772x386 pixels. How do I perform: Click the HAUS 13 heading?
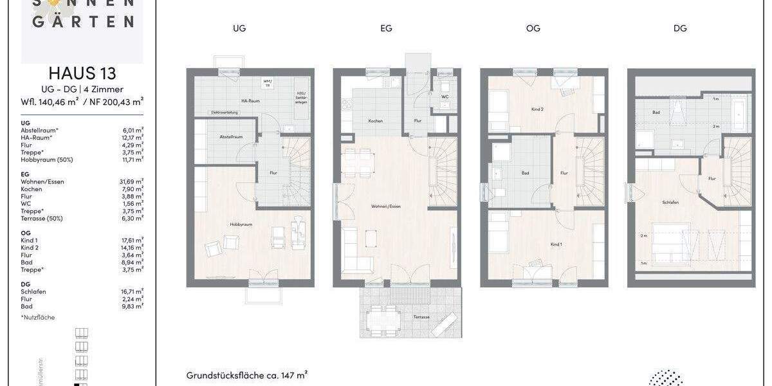click(82, 73)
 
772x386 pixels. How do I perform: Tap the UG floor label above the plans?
click(239, 28)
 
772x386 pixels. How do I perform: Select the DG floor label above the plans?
click(680, 28)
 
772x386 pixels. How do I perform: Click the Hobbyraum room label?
click(240, 225)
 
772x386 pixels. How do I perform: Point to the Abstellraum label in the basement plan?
click(230, 136)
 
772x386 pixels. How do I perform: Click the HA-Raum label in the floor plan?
click(232, 101)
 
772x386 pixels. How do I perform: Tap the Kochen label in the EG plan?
click(376, 121)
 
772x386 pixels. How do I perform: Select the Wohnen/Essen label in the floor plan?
click(386, 207)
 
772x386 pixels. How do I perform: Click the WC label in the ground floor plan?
click(445, 97)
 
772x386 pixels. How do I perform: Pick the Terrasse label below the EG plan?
click(422, 317)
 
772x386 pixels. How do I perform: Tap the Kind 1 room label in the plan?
click(556, 244)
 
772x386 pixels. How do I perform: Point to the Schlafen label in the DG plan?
click(670, 201)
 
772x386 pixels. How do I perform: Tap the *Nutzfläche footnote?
click(38, 317)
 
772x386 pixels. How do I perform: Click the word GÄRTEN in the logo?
click(82, 21)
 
